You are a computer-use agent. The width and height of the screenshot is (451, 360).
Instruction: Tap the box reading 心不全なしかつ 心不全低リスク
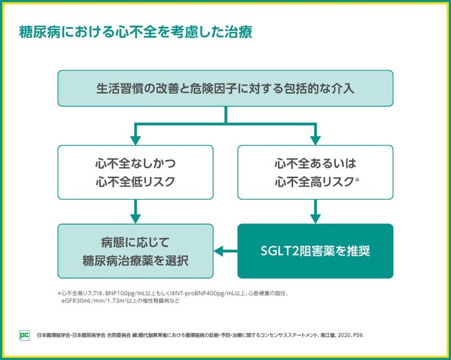pyautogui.click(x=135, y=172)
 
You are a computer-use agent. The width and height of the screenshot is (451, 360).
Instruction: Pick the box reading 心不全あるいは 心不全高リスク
pyautogui.click(x=315, y=172)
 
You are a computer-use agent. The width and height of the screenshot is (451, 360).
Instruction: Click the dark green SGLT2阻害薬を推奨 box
pyautogui.click(x=315, y=251)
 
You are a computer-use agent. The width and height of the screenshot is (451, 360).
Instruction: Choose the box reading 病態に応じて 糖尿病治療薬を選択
pyautogui.click(x=135, y=251)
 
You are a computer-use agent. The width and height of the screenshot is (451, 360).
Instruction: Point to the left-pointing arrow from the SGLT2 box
pyautogui.click(x=225, y=251)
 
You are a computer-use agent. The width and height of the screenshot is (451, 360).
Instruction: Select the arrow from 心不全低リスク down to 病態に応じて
pyautogui.click(x=135, y=212)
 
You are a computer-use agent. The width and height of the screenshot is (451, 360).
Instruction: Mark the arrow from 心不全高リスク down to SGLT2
pyautogui.click(x=315, y=212)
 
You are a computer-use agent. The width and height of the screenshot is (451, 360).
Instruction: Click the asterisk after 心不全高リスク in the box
pyautogui.click(x=357, y=180)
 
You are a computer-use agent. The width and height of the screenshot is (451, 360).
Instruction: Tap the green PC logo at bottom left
pyautogui.click(x=24, y=335)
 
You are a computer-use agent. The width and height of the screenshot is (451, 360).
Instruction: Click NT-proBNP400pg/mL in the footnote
pyautogui.click(x=211, y=293)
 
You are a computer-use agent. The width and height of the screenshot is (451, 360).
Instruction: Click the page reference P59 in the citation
pyautogui.click(x=359, y=335)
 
